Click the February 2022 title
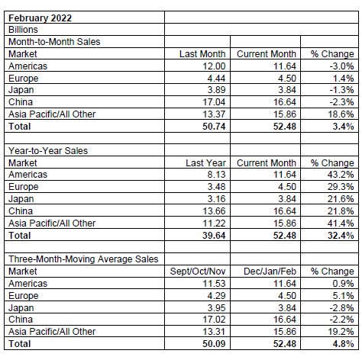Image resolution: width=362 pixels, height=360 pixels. pos(40,18)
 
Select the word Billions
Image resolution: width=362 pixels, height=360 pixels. pos(23,30)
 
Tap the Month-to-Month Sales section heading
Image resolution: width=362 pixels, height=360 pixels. pos(54,42)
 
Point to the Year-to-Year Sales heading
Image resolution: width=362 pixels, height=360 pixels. pos(48,151)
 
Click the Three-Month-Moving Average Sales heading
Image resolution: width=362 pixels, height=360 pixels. pos(83,259)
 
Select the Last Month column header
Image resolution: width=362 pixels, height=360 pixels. pos(202,54)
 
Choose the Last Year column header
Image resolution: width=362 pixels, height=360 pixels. pos(205,163)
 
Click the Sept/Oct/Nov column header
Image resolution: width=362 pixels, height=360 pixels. pos(198,272)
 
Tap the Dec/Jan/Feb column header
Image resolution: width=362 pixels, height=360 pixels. pos(270,272)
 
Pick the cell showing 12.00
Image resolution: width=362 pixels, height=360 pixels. pos(214,66)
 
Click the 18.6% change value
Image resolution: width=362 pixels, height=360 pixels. pos(341,114)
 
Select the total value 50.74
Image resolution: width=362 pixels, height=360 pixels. pos(214,127)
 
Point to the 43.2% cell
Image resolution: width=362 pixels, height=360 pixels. pos(341,175)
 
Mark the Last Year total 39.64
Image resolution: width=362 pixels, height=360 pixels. pos(214,236)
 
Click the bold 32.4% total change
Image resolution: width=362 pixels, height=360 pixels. pos(341,236)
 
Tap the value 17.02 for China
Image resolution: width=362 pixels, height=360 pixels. pos(214,320)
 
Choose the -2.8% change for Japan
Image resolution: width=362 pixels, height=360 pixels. pos(341,308)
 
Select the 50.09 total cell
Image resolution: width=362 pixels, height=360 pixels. pos(214,344)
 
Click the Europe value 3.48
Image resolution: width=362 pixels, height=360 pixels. pos(216,187)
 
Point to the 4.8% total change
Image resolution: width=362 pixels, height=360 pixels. pos(343,344)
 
